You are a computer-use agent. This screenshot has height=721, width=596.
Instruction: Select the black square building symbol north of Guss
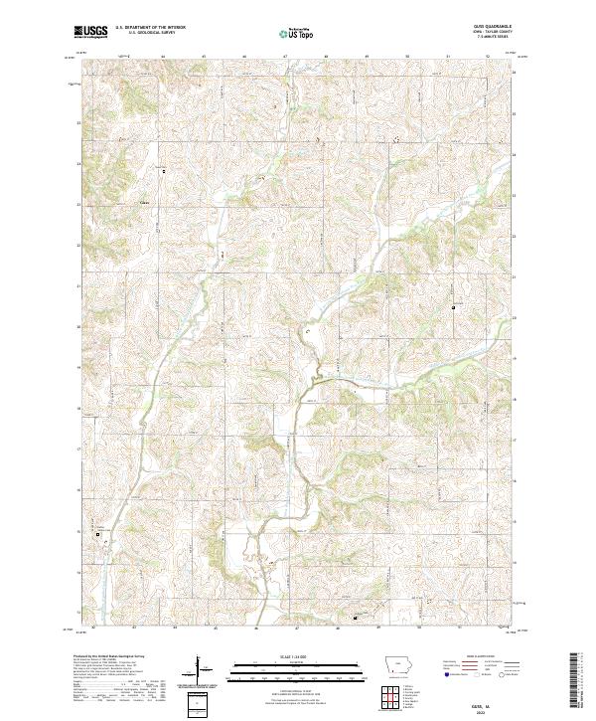point(163,172)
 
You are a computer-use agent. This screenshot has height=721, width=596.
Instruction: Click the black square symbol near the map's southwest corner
point(98,535)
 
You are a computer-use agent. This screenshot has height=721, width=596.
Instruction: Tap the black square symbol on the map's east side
point(455,307)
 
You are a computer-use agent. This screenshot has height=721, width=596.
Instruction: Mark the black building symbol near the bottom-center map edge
point(356,617)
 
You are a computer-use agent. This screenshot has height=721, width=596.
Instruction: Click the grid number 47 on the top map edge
point(284,58)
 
